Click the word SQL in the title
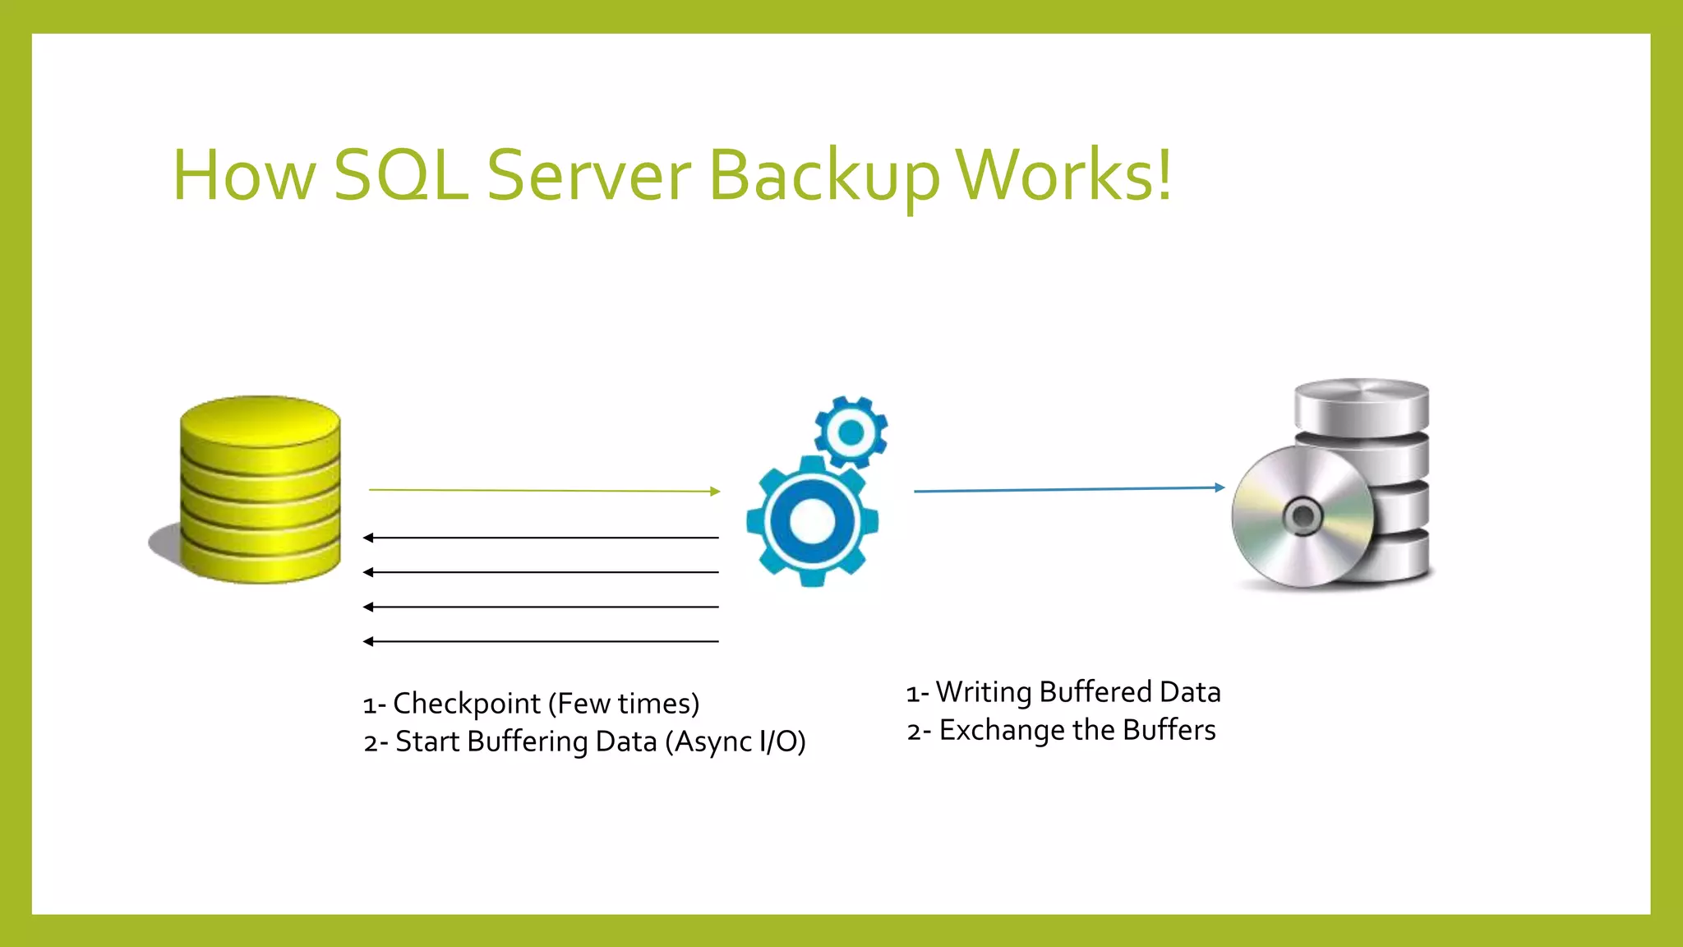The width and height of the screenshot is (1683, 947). pyautogui.click(x=401, y=175)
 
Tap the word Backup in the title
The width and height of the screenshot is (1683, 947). pyautogui.click(x=823, y=177)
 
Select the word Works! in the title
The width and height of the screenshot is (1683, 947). pyautogui.click(x=1065, y=175)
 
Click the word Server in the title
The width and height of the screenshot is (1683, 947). pyautogui.click(x=589, y=175)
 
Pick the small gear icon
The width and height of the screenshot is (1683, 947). pyautogui.click(x=851, y=432)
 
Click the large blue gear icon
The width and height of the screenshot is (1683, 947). pyautogui.click(x=812, y=520)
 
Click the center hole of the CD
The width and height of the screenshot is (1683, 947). pyautogui.click(x=1303, y=517)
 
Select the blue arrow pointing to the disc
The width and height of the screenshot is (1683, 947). pyautogui.click(x=1068, y=489)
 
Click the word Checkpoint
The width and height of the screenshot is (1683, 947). pyautogui.click(x=466, y=704)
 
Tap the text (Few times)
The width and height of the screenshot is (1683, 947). pyautogui.click(x=624, y=704)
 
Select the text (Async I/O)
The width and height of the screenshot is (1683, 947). pyautogui.click(x=735, y=741)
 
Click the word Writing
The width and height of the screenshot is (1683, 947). pyautogui.click(x=983, y=692)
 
